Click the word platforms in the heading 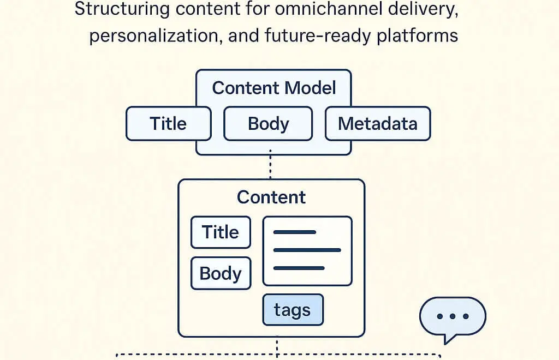click(420, 35)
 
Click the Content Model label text click(274, 88)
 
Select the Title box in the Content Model click(168, 124)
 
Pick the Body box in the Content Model click(268, 124)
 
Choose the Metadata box click(378, 124)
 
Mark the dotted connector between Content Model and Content click(270, 167)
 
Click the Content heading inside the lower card click(271, 197)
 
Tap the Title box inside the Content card click(221, 232)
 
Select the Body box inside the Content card click(221, 273)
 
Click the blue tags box click(293, 310)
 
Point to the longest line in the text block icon click(307, 250)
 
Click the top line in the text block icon click(295, 232)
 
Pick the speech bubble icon click(453, 317)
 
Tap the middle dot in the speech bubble click(453, 316)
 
